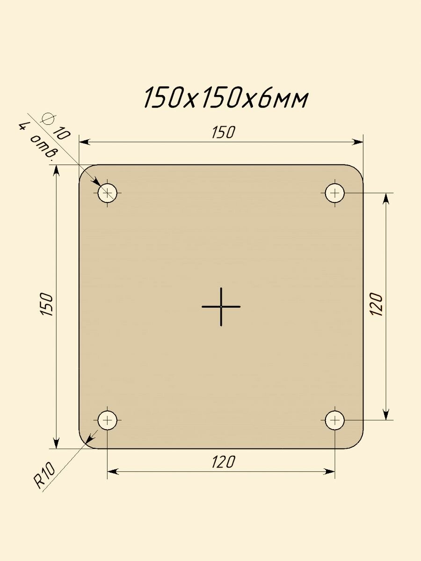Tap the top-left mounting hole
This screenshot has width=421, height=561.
click(108, 192)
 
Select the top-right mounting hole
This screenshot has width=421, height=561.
click(335, 192)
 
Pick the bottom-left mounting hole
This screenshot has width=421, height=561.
click(108, 420)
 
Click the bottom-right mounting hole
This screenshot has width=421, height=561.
click(335, 420)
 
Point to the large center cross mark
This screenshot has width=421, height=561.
click(221, 307)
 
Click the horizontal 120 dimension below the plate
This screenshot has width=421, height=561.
click(222, 462)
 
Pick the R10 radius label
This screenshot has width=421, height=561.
click(45, 476)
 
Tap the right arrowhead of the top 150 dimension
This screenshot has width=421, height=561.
click(358, 142)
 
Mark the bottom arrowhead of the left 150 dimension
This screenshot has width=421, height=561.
click(56, 443)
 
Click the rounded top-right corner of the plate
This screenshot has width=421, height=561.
click(357, 170)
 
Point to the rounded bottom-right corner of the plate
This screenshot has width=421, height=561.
click(357, 443)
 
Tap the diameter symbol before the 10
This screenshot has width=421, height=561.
click(47, 118)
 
